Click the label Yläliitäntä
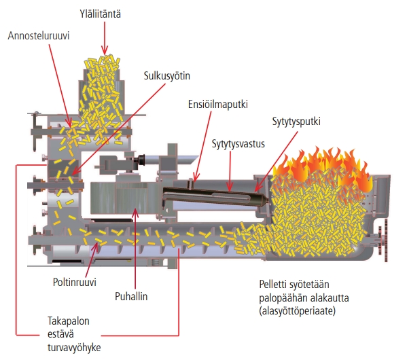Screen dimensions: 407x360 [x=100, y=14]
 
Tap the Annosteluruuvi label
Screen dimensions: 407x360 [x=39, y=35]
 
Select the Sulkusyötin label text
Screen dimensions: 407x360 [x=167, y=76]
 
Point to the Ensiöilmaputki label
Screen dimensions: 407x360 [x=218, y=104]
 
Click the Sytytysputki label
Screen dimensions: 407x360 [x=296, y=122]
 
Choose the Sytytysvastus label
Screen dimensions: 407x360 [x=238, y=144]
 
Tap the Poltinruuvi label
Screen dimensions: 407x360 [x=75, y=282]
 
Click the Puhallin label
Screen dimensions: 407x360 [x=131, y=296]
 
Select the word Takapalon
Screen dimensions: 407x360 [x=69, y=321]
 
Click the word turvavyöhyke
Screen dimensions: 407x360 [x=74, y=347]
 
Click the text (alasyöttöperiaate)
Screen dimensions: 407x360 [x=298, y=310]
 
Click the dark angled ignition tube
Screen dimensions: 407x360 [x=215, y=195]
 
